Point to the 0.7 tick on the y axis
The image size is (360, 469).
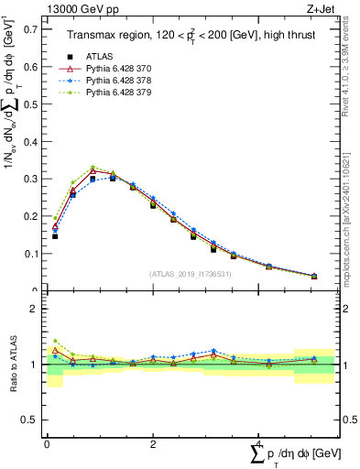[x=34, y=29]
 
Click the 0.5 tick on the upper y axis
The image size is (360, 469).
[x=34, y=104]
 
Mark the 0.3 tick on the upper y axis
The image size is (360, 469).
[x=34, y=179]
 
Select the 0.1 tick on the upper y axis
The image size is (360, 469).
[x=34, y=253]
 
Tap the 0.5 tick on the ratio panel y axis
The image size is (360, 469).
[x=34, y=420]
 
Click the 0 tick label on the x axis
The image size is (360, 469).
[x=47, y=444]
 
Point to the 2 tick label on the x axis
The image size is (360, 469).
[x=152, y=444]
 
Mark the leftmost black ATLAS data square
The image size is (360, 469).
[x=55, y=236]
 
